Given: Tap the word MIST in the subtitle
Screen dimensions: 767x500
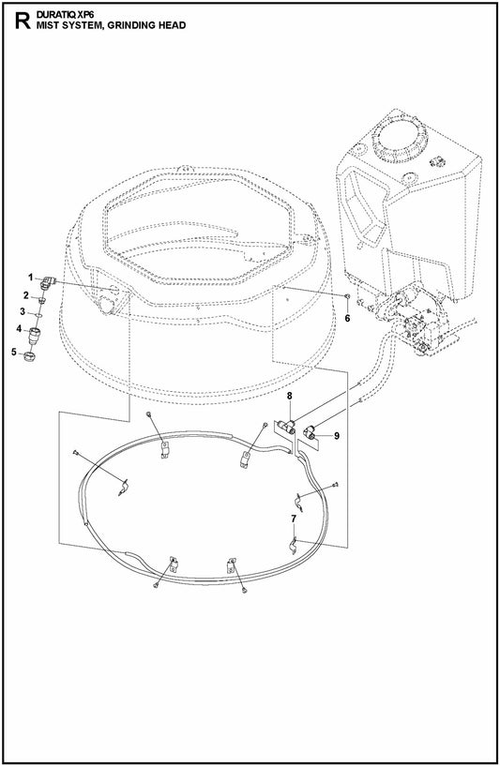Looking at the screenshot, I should [x=47, y=27].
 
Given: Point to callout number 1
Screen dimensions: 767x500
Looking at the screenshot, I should [x=30, y=277].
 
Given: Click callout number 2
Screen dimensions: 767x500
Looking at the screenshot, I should [x=26, y=296].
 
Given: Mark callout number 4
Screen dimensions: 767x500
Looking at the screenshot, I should [x=19, y=329].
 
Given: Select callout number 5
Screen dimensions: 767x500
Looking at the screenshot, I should [x=15, y=352].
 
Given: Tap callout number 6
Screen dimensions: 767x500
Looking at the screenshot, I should [x=346, y=319].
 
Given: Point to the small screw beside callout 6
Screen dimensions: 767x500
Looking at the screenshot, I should [x=348, y=300].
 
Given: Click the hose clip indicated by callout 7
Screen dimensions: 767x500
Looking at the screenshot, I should [x=293, y=542].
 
